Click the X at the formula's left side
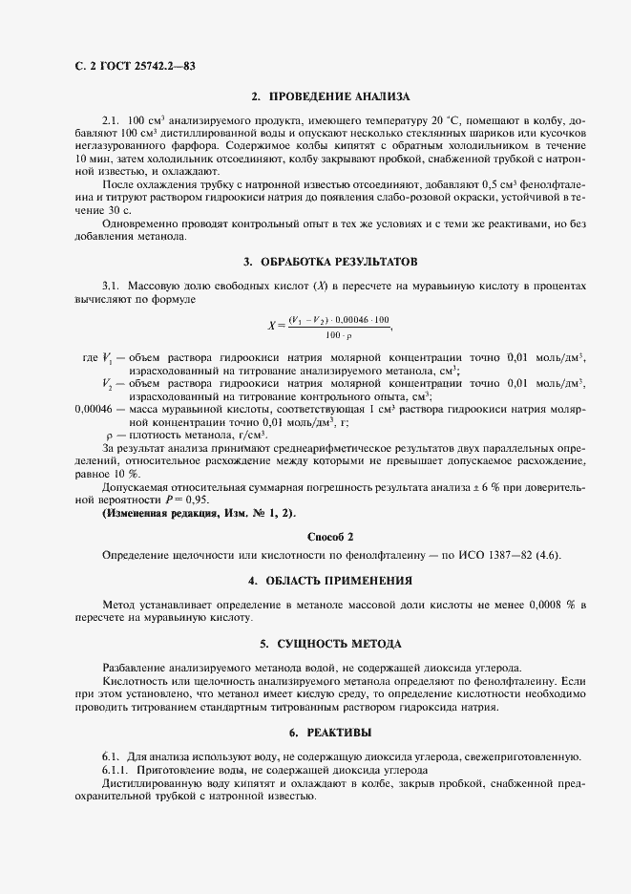click(272, 325)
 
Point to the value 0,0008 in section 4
click(541, 605)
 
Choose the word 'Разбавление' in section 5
click(132, 667)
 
